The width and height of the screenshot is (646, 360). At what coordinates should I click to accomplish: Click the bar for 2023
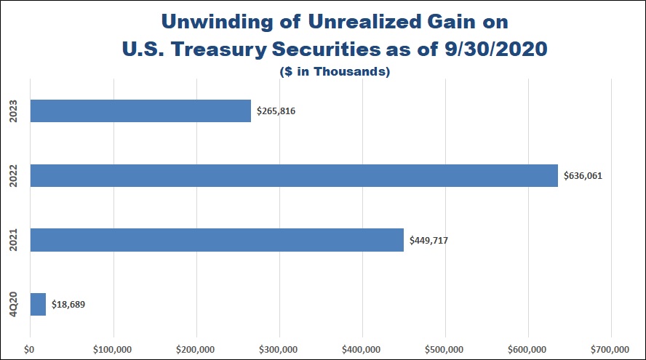pyautogui.click(x=140, y=111)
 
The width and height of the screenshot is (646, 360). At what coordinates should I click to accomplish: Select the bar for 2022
pyautogui.click(x=294, y=176)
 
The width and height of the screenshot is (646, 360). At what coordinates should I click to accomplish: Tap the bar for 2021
pyautogui.click(x=217, y=240)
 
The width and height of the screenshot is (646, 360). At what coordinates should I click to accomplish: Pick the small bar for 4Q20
pyautogui.click(x=38, y=304)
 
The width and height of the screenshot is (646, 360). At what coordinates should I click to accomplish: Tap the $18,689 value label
pyautogui.click(x=72, y=305)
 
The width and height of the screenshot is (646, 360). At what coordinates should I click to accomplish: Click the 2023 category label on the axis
pyautogui.click(x=14, y=111)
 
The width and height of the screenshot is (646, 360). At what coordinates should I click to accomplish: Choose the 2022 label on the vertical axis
pyautogui.click(x=14, y=176)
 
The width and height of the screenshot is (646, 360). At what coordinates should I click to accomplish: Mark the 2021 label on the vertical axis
pyautogui.click(x=14, y=240)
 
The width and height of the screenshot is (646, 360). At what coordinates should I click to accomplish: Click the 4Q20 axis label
pyautogui.click(x=14, y=304)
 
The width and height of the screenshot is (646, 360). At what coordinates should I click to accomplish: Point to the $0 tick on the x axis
pyautogui.click(x=30, y=348)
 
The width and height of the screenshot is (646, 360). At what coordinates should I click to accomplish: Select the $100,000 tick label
pyautogui.click(x=113, y=348)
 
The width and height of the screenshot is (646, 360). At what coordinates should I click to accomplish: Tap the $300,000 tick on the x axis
pyautogui.click(x=279, y=348)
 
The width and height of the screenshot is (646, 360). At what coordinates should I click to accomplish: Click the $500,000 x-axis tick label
pyautogui.click(x=445, y=348)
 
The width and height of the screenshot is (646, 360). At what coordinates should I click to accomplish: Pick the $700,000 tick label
pyautogui.click(x=611, y=348)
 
